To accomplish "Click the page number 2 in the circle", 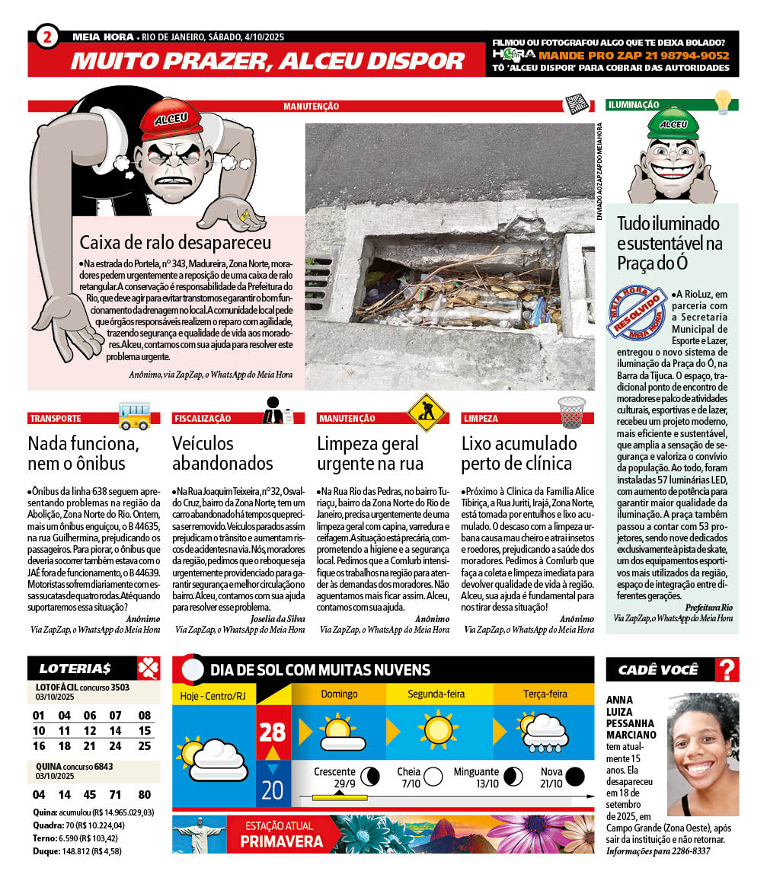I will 47,37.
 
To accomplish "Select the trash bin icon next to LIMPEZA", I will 571,412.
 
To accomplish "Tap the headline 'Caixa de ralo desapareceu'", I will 175,243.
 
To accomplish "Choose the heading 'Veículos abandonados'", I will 222,453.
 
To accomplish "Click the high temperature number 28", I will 272,732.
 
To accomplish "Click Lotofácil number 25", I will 145,746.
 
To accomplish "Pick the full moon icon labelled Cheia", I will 433,776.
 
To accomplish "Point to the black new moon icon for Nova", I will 575,776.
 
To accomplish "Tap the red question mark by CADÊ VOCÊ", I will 728,669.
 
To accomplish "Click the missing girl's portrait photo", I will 702,753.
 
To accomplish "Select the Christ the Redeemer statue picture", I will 200,834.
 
